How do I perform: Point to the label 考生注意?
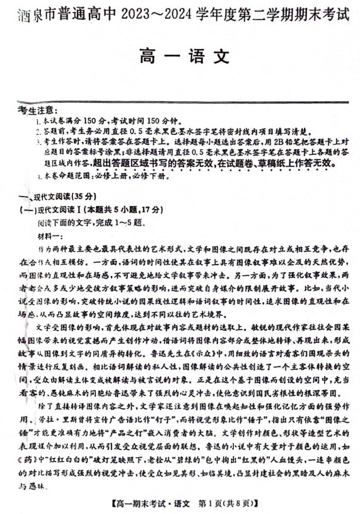click(x=39, y=111)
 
